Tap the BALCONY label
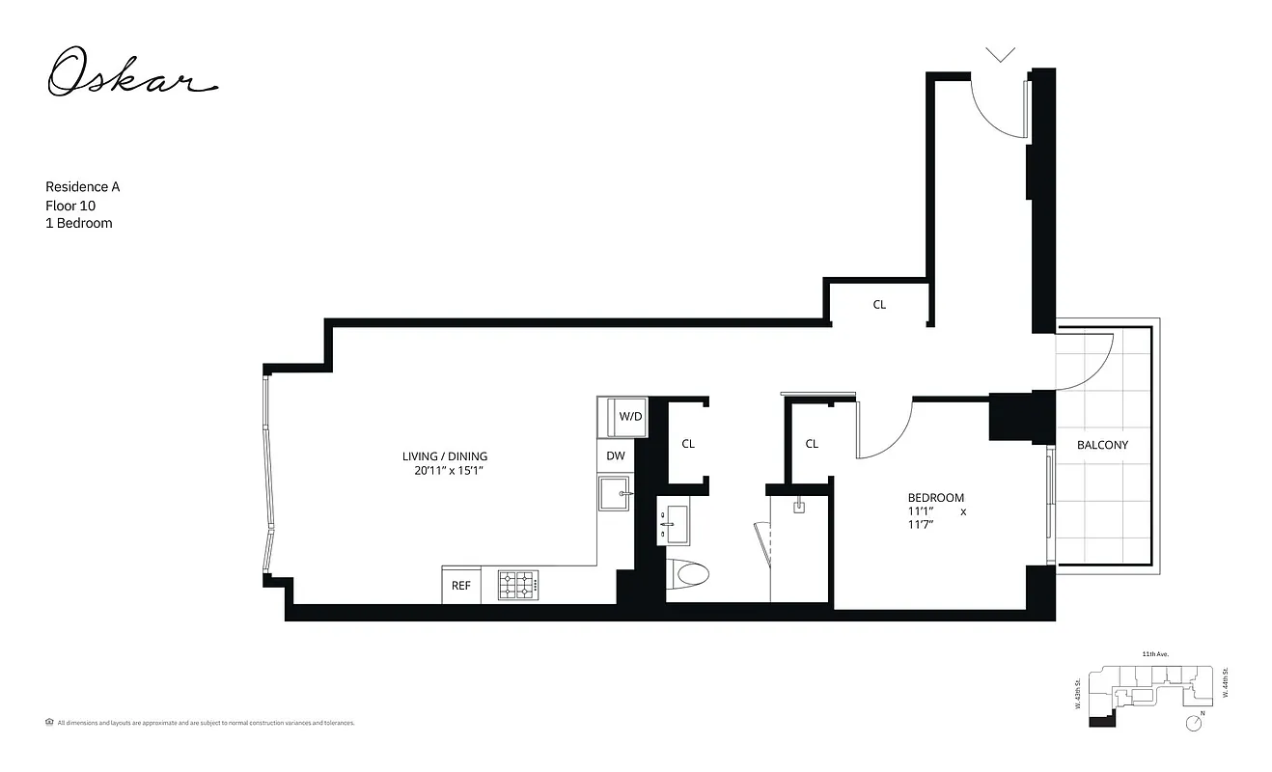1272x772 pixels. [1102, 445]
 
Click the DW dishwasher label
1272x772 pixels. [616, 455]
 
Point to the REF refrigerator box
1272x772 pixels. [461, 585]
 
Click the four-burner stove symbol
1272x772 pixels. [517, 585]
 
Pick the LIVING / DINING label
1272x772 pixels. [445, 456]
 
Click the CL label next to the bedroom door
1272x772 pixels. [812, 444]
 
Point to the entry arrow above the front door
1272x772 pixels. [1001, 54]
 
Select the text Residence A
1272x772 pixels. [83, 187]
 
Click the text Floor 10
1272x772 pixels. [70, 206]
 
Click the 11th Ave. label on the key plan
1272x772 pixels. [1155, 654]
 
